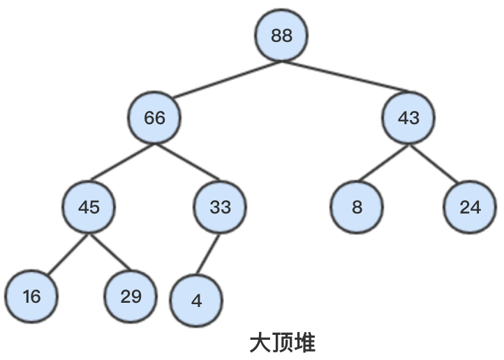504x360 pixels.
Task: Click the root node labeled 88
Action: [281, 36]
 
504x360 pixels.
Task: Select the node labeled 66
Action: [154, 118]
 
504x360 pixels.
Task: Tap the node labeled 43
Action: [408, 118]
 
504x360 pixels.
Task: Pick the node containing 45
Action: [89, 207]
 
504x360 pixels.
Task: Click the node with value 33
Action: [220, 207]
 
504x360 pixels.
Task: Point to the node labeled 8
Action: [357, 207]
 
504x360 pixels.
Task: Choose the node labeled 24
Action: [470, 207]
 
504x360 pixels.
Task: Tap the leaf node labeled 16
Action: [31, 297]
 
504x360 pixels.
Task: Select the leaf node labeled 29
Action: [131, 297]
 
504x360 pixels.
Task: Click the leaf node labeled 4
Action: [196, 301]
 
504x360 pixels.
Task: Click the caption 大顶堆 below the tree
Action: [282, 343]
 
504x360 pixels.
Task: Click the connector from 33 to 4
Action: [208, 255]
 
